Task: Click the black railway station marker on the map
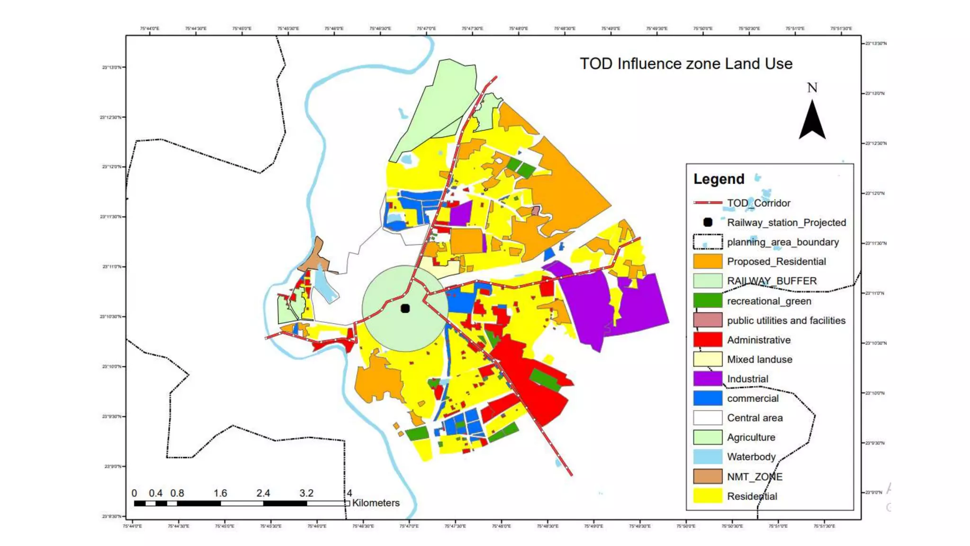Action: point(405,309)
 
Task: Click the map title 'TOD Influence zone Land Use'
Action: point(686,64)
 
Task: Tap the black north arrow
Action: point(812,121)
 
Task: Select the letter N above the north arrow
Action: point(812,88)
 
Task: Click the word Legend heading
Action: point(719,179)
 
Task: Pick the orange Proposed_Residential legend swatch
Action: point(708,262)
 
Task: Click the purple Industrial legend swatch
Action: point(708,379)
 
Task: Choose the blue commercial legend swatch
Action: point(708,398)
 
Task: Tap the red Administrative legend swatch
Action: point(708,340)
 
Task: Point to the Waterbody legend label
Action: point(751,457)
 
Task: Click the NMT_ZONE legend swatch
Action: point(708,476)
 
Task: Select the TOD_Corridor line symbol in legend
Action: point(708,203)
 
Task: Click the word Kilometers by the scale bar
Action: point(376,503)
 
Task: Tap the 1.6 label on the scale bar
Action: point(220,493)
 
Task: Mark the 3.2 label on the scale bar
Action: point(306,493)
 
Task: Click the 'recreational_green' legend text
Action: point(769,301)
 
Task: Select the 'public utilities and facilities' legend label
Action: point(786,320)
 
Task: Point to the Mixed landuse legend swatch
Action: point(708,359)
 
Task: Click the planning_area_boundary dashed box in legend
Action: point(708,242)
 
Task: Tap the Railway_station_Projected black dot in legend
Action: point(708,222)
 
